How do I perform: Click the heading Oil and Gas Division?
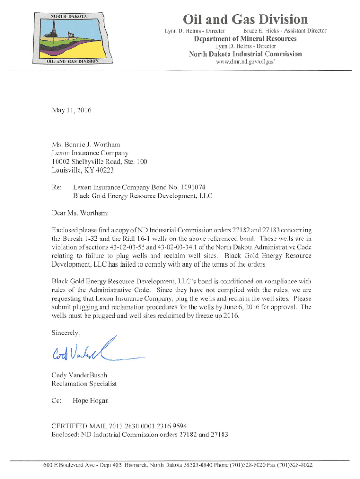[245, 20]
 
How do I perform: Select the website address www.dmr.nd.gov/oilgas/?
[245, 62]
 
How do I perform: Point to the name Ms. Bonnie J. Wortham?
[87, 145]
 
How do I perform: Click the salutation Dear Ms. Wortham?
[80, 213]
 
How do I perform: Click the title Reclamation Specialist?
[84, 384]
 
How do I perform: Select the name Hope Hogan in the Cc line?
[91, 401]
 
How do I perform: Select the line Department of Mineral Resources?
[245, 38]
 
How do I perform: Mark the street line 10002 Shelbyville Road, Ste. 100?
[100, 162]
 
